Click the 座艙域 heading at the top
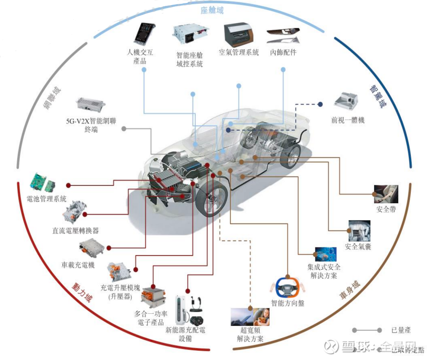coord(212,10)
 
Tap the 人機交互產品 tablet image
coord(144,34)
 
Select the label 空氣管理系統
coord(239,53)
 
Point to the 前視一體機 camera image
coord(346,101)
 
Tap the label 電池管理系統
coord(46,199)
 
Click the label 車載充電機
coord(78,265)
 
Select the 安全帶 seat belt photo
coord(386,193)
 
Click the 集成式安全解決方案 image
coord(325,254)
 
